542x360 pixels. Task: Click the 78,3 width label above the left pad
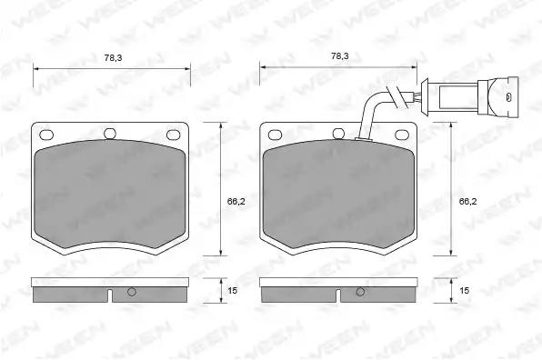(x=113, y=57)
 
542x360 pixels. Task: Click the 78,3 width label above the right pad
(x=340, y=56)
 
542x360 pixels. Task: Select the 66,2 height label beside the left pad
(x=236, y=202)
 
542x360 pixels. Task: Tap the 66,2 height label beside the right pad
(x=467, y=202)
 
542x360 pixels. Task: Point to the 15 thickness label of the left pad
(x=232, y=291)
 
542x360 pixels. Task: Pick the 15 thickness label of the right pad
(x=464, y=291)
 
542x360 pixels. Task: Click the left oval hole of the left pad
(x=46, y=135)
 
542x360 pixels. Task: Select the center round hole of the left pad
(x=110, y=134)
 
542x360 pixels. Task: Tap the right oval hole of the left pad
(x=173, y=135)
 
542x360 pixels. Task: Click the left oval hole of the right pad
(x=275, y=135)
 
